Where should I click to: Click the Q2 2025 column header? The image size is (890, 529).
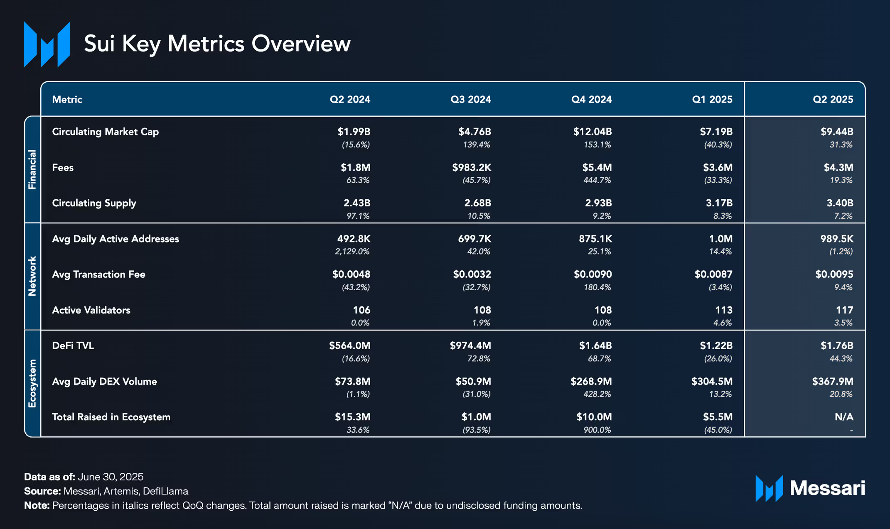point(833,100)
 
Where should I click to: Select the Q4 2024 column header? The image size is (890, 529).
point(591,100)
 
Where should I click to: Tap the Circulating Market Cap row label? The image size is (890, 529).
point(106,132)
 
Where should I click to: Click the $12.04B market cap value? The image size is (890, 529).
point(592,132)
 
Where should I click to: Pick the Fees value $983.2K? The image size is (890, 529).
point(472,168)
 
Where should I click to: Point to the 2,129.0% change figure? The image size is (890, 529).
point(352,252)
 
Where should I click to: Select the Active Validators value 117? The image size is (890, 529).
point(844,310)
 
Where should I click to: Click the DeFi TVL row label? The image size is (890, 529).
point(73,346)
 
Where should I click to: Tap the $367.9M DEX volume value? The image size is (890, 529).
point(833,382)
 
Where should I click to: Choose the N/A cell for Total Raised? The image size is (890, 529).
point(844,417)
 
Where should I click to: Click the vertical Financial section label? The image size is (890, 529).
point(32,169)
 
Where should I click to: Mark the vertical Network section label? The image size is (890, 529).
point(32,276)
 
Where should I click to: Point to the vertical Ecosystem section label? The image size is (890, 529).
point(32,383)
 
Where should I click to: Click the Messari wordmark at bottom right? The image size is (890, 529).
point(827,488)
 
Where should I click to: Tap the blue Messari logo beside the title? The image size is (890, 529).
point(47,44)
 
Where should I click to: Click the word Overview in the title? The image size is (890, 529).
point(301,44)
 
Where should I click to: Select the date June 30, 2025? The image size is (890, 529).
point(111,477)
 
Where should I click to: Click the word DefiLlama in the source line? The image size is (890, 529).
point(165,491)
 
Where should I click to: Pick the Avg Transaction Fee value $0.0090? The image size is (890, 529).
point(593,274)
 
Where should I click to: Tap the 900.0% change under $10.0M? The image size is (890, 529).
point(597,430)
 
